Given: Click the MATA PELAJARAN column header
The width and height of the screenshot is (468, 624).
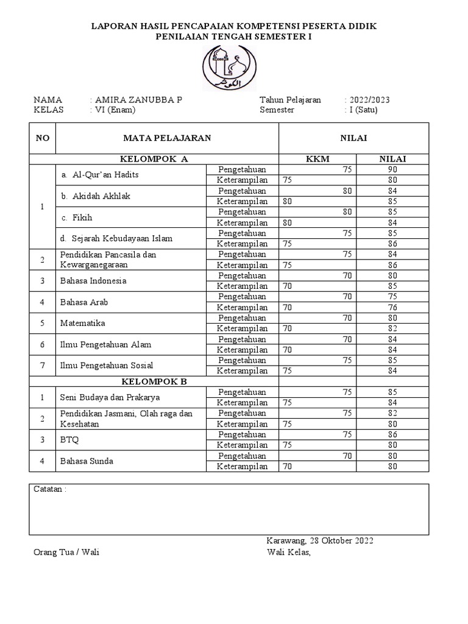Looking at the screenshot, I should click(167, 138).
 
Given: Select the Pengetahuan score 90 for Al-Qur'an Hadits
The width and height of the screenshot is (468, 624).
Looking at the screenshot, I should click(392, 169).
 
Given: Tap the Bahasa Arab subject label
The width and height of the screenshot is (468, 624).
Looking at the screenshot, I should click(83, 302).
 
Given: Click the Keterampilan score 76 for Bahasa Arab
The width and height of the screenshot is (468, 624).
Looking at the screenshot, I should click(392, 308).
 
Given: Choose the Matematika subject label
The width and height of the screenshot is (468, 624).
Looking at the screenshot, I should click(82, 324).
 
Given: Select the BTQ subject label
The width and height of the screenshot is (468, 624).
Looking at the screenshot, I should click(69, 440).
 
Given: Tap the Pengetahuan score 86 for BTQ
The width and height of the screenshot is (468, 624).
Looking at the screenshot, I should click(392, 434).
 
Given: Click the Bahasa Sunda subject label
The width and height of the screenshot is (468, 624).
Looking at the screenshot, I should click(87, 461).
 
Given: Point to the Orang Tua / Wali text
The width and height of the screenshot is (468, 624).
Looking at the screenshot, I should click(66, 553).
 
